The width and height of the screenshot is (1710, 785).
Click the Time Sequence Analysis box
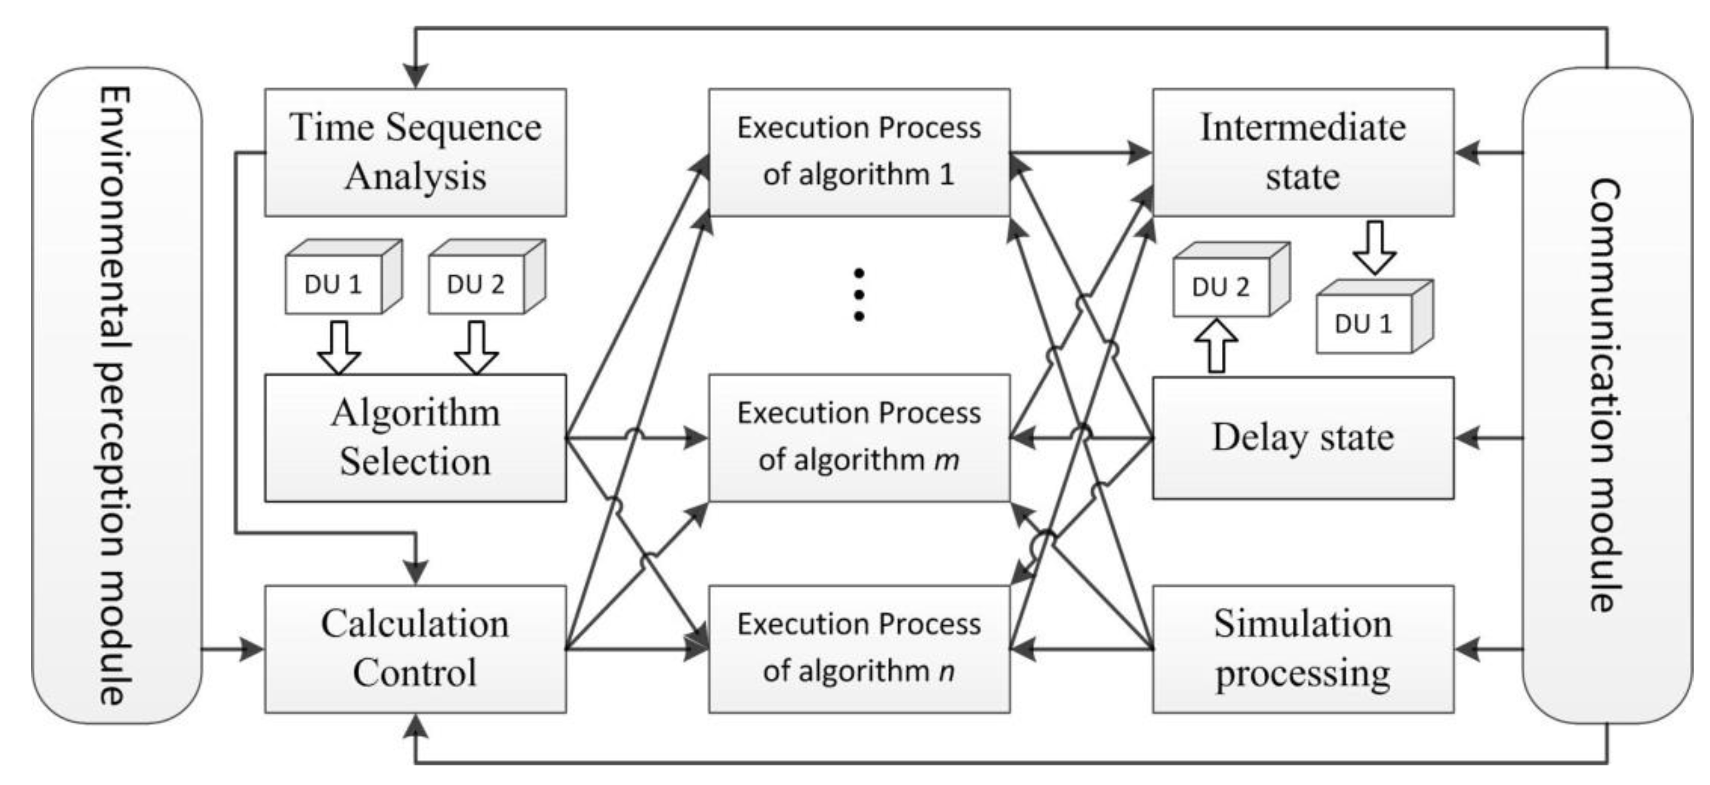pos(415,152)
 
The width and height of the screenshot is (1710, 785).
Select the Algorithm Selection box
pos(415,437)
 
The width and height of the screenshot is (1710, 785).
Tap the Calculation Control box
pos(415,648)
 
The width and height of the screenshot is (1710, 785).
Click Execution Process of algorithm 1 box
pos(859,152)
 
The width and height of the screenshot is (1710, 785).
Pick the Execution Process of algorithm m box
pos(859,437)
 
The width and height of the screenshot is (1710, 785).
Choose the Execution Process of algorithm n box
pos(859,648)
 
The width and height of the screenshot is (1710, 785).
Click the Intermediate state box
pos(1303,152)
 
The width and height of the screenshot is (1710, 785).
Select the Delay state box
pos(1303,437)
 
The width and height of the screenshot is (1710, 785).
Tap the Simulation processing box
pos(1303,648)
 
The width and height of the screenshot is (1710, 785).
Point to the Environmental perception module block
pos(116,395)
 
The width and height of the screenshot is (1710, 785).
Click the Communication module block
pos(1606,395)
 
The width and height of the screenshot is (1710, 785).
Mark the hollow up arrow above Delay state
pos(1216,345)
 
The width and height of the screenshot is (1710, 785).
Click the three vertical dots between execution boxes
pos(859,294)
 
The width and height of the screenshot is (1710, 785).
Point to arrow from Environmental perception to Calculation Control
pos(232,648)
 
